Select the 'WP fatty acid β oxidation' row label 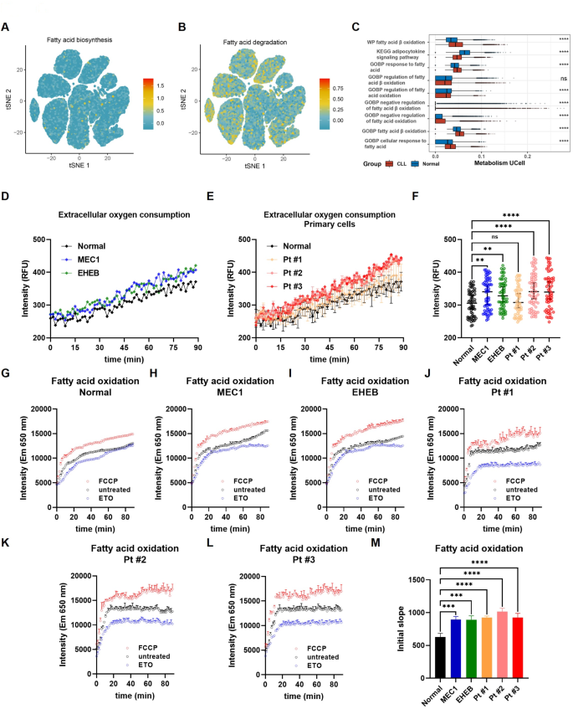click(x=394, y=41)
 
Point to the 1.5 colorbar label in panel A click(x=162, y=85)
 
